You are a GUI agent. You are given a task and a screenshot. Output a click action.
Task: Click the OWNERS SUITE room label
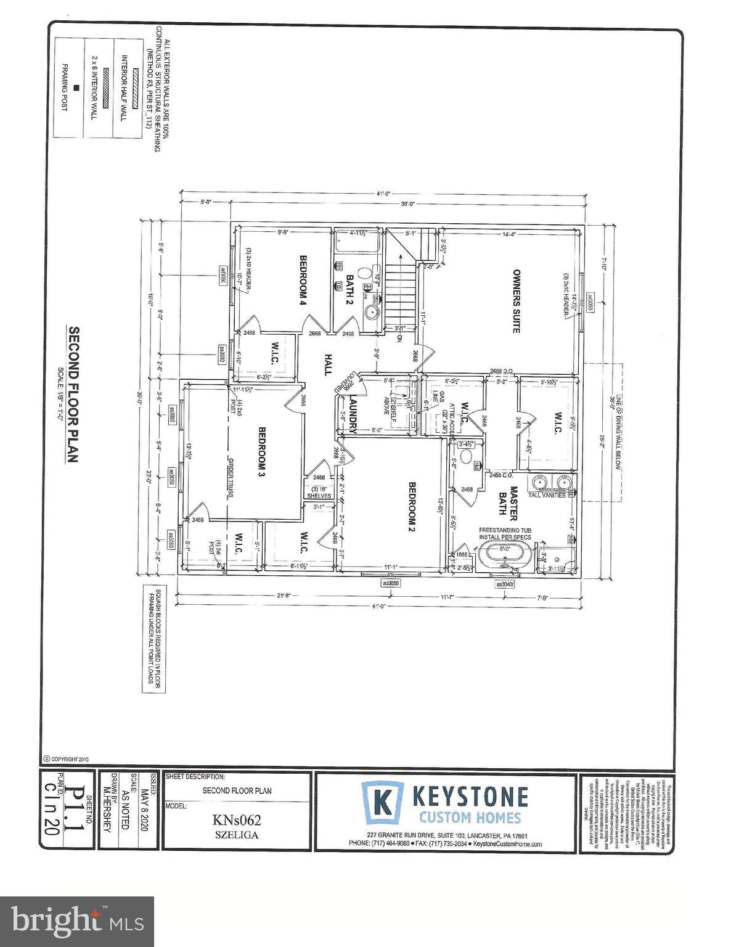517,301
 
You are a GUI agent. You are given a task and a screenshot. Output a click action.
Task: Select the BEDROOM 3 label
261,452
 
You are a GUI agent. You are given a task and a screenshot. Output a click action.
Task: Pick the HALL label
328,364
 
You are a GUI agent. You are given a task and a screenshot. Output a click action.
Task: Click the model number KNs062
237,821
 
